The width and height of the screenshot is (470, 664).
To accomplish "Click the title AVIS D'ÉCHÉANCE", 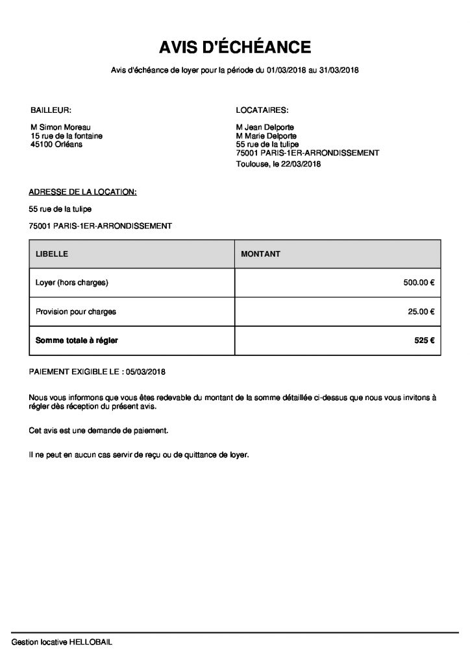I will (x=235, y=47).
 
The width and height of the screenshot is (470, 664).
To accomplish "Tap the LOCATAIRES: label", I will (x=262, y=110).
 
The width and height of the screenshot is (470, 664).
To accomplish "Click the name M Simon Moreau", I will (x=61, y=128).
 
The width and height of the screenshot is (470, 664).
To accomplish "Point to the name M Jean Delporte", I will (x=266, y=128).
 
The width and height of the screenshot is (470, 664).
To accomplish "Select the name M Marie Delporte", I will (x=267, y=136).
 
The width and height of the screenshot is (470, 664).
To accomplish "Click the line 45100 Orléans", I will (x=56, y=145).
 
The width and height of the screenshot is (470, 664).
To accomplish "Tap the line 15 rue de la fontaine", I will (x=67, y=136).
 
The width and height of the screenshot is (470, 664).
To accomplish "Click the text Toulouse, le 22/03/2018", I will (x=279, y=165).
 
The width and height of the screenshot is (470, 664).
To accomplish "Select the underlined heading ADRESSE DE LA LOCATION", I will (x=82, y=192).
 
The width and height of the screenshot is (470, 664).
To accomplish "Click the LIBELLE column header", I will (x=52, y=254).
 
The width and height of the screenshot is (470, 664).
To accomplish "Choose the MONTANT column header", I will (x=260, y=254).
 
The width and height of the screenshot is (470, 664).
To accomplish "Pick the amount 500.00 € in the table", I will (x=419, y=283).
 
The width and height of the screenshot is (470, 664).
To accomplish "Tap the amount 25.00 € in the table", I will (x=421, y=312).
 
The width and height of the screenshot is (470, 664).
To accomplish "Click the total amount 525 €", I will (x=424, y=340).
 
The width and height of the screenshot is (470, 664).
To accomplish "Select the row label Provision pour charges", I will (x=76, y=312).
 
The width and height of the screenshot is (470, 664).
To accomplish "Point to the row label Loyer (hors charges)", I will (x=71, y=283).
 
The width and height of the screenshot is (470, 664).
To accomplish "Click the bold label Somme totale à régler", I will (x=77, y=340).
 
